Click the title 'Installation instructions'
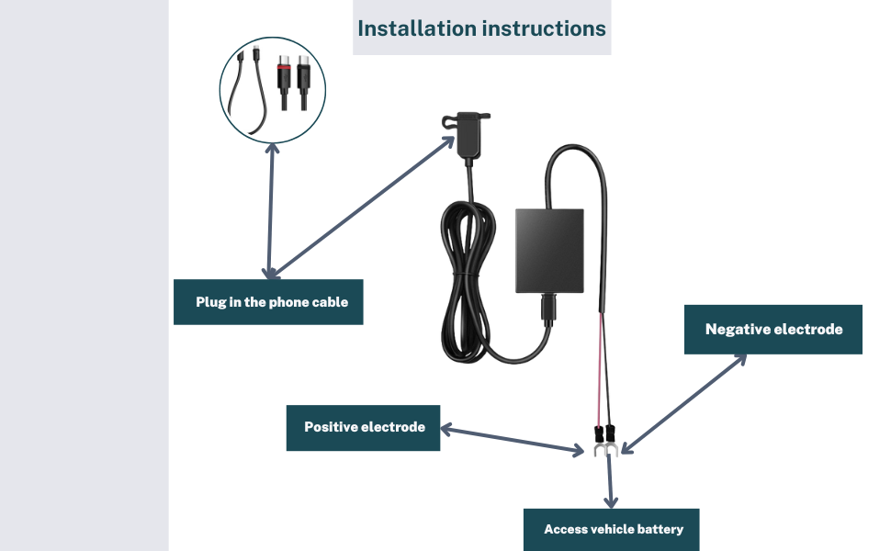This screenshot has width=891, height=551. pyautogui.click(x=481, y=28)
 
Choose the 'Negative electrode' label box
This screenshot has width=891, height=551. pyautogui.click(x=773, y=329)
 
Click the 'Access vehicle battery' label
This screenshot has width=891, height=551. pyautogui.click(x=613, y=529)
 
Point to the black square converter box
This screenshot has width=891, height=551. pyautogui.click(x=549, y=252)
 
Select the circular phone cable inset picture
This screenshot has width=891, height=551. pyautogui.click(x=272, y=89)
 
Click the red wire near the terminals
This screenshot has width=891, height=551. pyautogui.click(x=601, y=367)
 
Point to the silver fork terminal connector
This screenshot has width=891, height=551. pyautogui.click(x=603, y=449)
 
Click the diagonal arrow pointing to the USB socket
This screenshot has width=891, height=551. pyautogui.click(x=362, y=208)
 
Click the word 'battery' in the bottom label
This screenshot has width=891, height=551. pyautogui.click(x=661, y=529)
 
